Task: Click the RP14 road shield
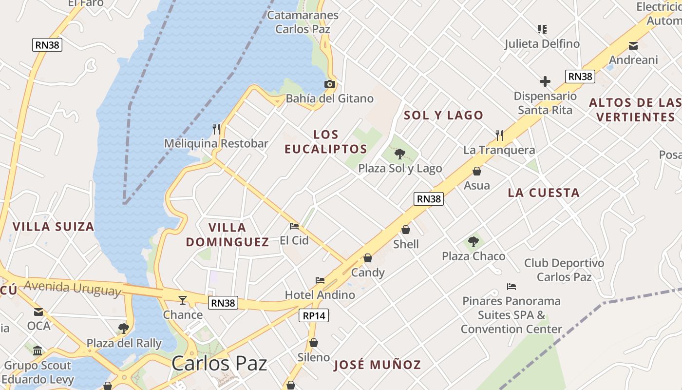coord(314,315)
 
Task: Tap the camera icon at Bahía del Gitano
coord(330,84)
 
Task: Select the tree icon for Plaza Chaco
coord(473,241)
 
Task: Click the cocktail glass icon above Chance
coord(183,300)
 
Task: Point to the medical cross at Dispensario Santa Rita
coord(545,81)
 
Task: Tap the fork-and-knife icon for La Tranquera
coord(499,135)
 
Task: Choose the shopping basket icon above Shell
coord(406,230)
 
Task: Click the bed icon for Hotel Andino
coord(320,280)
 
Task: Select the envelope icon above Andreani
coord(633,46)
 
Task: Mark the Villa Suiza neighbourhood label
coord(53,227)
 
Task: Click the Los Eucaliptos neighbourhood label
coord(326,142)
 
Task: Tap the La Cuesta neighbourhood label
coord(544,193)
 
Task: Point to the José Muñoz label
coord(377,365)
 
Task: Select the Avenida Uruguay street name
coord(72,288)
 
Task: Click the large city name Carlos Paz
coord(219,363)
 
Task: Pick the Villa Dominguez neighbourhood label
coord(227,234)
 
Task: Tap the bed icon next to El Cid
coord(294,226)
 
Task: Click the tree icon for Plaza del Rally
coord(124,328)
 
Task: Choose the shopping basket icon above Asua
coord(477,171)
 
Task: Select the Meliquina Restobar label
coord(216,143)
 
